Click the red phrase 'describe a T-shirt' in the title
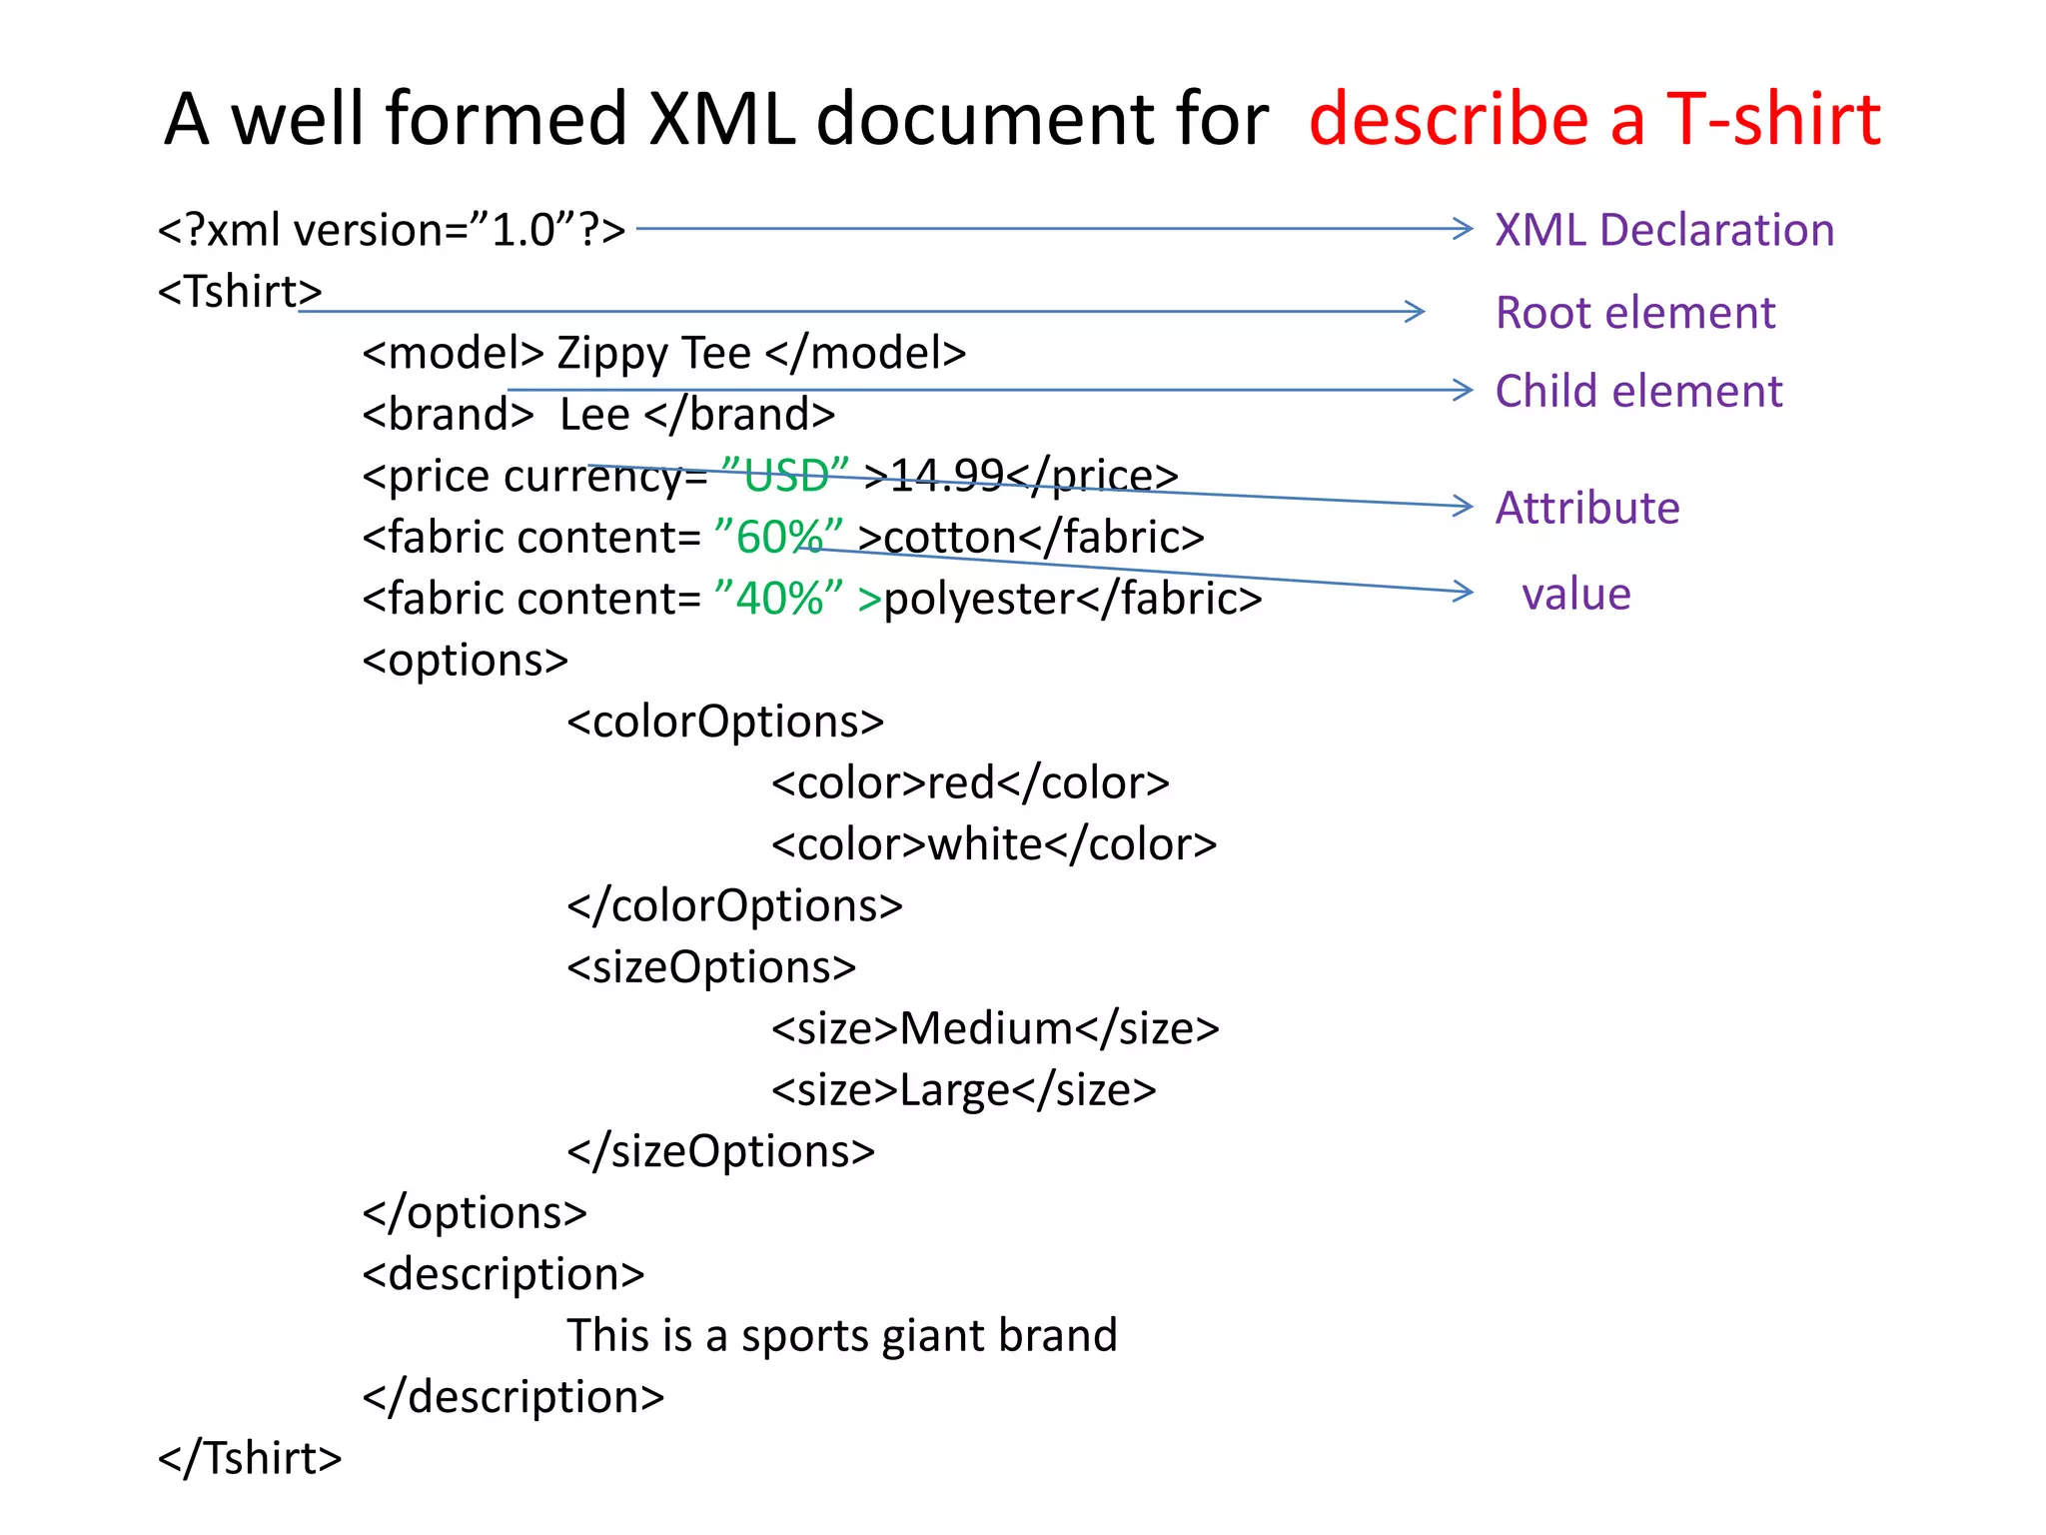pos(1594,120)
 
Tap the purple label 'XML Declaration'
pos(1664,231)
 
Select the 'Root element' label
pos(1635,313)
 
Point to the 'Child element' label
pos(1638,391)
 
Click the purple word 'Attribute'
pos(1587,508)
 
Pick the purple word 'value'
pos(1576,594)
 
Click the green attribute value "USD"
pos(784,476)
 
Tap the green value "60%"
pos(779,538)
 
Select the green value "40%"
pos(779,599)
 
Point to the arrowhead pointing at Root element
pos(1414,312)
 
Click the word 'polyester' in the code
pos(978,600)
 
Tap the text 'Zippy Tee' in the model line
pos(653,354)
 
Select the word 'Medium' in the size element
pos(986,1028)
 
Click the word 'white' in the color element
pos(986,845)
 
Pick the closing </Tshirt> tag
pos(250,1458)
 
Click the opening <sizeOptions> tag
pos(711,967)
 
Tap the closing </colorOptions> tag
pos(734,906)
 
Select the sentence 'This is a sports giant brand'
pos(841,1336)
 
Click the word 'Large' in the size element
pos(954,1090)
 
